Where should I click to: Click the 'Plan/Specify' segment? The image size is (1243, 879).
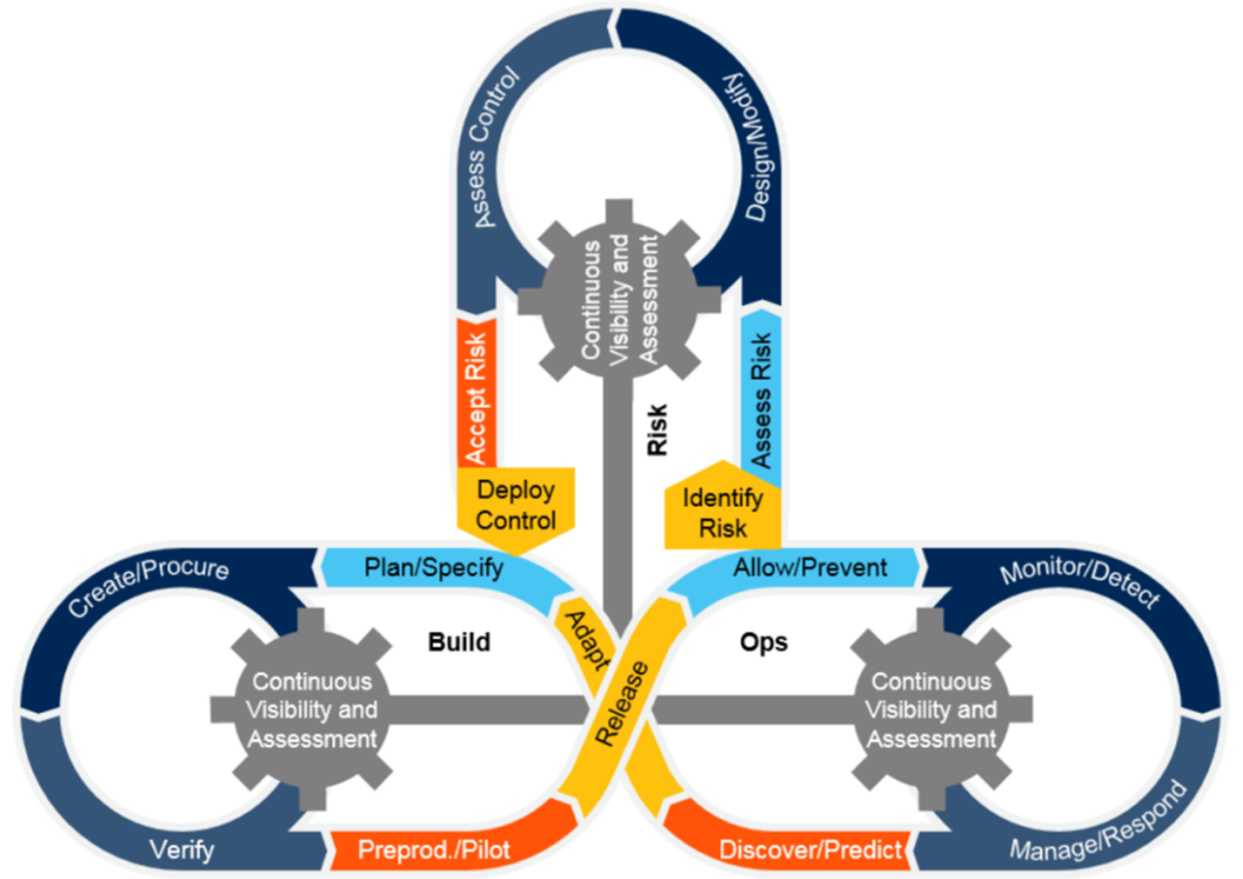tap(434, 568)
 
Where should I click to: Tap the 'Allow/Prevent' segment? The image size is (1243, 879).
tap(810, 567)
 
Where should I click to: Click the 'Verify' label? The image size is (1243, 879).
tap(182, 851)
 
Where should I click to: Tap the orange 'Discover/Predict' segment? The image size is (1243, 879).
tap(810, 851)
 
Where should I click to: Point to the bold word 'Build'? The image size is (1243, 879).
tap(459, 642)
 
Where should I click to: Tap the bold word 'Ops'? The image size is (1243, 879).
tap(763, 642)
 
